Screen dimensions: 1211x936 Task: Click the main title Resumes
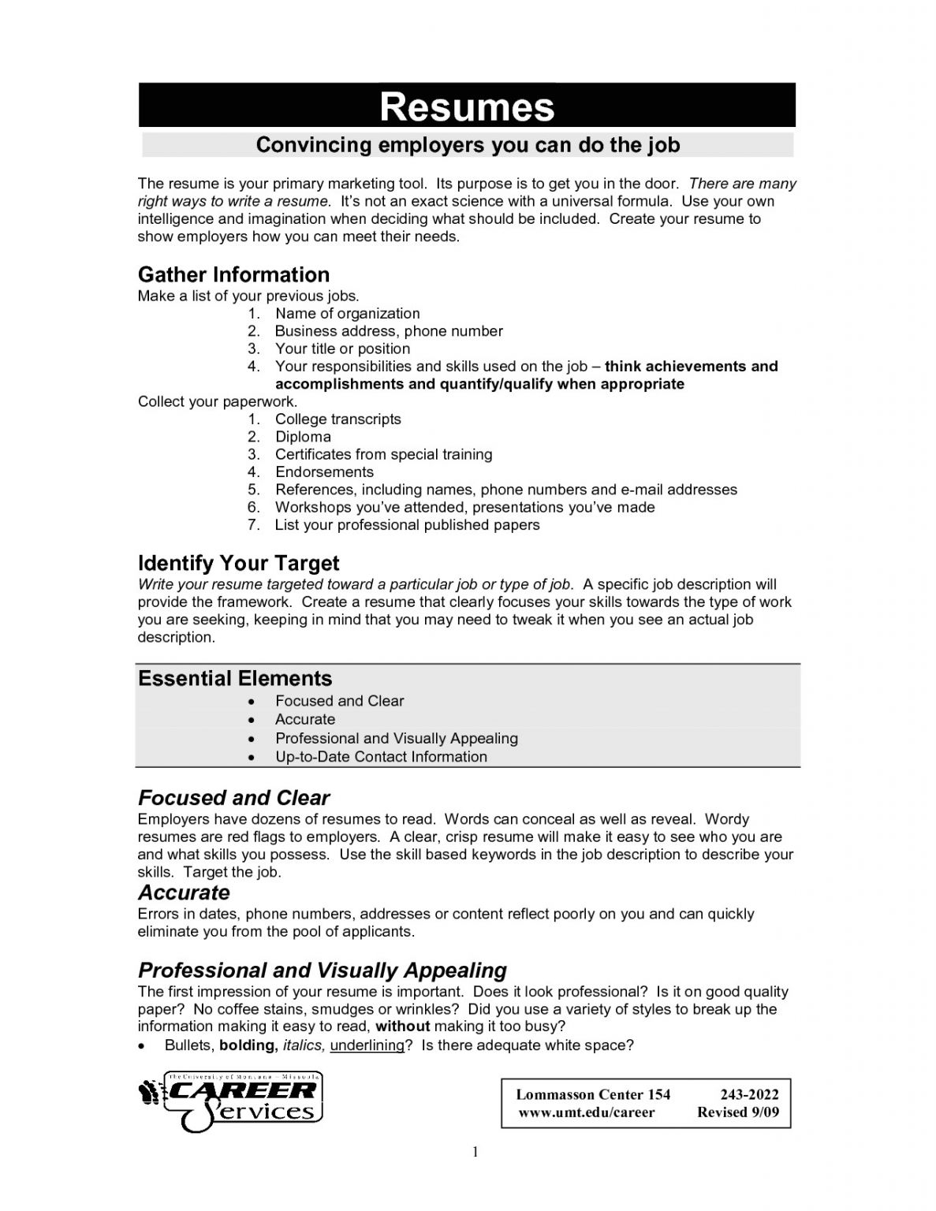point(467,106)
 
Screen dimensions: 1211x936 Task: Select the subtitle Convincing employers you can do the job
point(468,145)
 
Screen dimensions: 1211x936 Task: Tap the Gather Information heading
point(233,274)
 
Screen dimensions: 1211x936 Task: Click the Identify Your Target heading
point(238,563)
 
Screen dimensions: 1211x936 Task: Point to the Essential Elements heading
point(235,678)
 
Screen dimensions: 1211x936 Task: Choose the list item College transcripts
point(337,419)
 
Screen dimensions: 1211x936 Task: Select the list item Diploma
point(303,437)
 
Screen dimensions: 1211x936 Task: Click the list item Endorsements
point(324,471)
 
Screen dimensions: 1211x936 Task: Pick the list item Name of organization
point(347,313)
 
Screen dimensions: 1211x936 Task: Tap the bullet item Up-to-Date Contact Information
point(381,757)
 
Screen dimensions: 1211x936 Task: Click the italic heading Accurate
point(184,892)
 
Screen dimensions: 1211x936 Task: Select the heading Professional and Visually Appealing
point(322,970)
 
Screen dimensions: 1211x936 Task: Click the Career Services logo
point(231,1101)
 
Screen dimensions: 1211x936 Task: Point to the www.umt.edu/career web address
point(586,1112)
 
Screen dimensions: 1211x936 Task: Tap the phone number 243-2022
point(749,1094)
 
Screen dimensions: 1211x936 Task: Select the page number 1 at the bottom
point(475,1153)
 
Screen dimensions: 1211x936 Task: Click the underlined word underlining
point(367,1045)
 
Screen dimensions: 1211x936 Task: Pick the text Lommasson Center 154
point(593,1094)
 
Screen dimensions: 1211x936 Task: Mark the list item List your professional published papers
point(407,525)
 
